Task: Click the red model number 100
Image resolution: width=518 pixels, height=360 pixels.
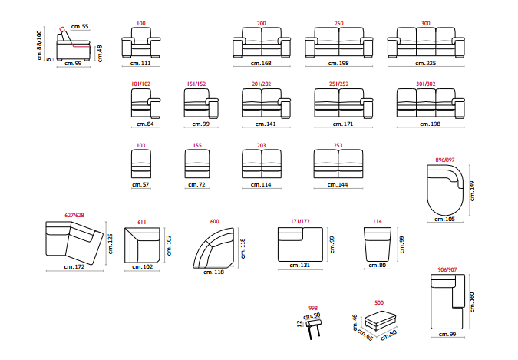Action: point(141,24)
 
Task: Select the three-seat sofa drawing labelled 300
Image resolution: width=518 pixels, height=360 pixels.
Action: point(426,44)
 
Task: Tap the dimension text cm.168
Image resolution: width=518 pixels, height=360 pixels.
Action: point(262,64)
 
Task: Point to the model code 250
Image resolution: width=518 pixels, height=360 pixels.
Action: point(338,24)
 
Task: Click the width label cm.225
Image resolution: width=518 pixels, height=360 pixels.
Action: point(426,64)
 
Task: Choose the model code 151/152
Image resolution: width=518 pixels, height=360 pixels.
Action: point(196,84)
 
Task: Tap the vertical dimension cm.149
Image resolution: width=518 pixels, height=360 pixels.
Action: point(473,190)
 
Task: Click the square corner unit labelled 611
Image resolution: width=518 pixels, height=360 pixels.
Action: point(142,244)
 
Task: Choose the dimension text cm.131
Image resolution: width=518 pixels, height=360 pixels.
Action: point(300,266)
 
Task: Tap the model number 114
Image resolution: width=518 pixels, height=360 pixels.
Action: point(378,222)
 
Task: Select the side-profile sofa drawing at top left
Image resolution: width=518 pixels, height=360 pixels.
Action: point(73,48)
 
